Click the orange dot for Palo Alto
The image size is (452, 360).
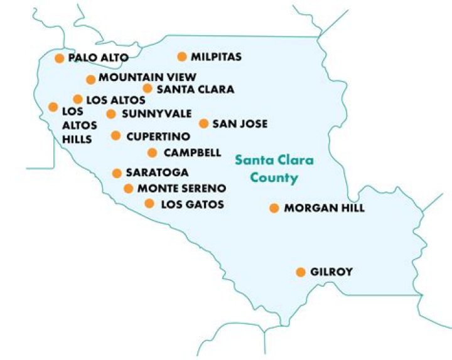click(x=60, y=58)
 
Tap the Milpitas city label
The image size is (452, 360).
click(x=215, y=57)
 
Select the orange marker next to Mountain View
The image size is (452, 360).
click(x=90, y=79)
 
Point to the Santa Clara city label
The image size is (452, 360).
click(x=195, y=89)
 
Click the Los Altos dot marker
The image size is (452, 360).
click(x=78, y=99)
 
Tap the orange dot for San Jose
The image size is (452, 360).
click(x=203, y=124)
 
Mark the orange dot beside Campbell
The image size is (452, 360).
click(x=152, y=152)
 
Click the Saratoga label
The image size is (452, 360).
click(x=157, y=172)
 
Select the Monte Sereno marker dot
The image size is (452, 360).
click(x=129, y=188)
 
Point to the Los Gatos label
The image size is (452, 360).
click(x=192, y=204)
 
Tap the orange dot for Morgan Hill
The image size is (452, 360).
click(x=274, y=208)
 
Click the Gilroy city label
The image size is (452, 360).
click(x=331, y=272)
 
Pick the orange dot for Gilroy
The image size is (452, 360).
click(x=301, y=272)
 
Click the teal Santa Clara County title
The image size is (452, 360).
click(x=274, y=169)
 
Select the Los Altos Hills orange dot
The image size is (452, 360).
click(x=53, y=107)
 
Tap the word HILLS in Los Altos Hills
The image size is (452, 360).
click(x=77, y=139)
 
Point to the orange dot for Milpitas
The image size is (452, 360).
click(x=182, y=57)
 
